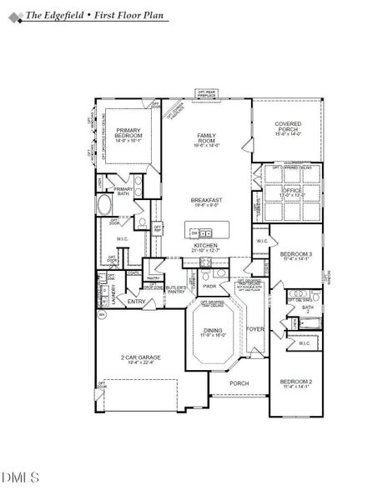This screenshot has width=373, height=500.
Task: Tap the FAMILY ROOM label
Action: coord(206,138)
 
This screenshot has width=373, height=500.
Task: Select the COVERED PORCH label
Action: coord(288,127)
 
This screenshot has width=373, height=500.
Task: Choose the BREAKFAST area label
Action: coord(206,201)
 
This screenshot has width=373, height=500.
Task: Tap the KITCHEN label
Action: coord(206,247)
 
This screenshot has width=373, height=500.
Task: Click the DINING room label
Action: coord(214,331)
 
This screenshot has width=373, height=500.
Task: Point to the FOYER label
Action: coord(255,329)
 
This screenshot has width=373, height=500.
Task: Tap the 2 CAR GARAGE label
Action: coord(140,357)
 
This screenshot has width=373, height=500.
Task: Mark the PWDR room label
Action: coord(209,286)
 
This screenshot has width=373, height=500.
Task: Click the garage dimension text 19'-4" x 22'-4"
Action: coord(140,363)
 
